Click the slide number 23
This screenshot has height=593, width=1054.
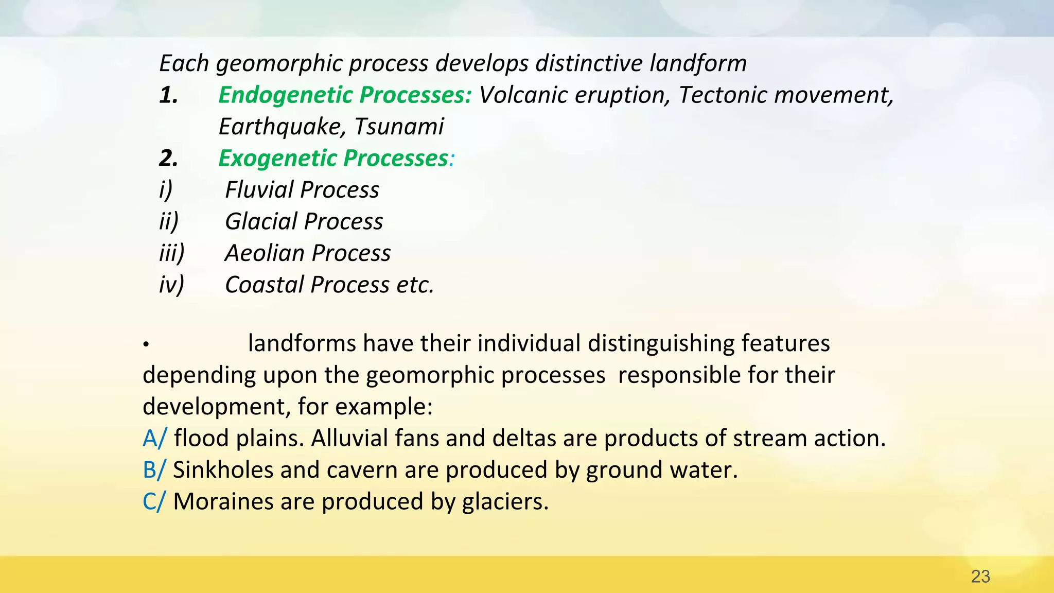(x=980, y=577)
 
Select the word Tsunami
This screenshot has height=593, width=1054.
(x=399, y=127)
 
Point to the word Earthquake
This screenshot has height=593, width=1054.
(x=283, y=127)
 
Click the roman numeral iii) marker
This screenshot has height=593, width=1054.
(x=171, y=253)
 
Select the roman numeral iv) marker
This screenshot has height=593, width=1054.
(x=171, y=285)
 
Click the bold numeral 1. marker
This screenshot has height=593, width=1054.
(x=168, y=95)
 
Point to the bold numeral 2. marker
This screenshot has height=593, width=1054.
(x=168, y=159)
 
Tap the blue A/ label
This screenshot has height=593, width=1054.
(x=154, y=439)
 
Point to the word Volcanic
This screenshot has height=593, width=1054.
(x=523, y=95)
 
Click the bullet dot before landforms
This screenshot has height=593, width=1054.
(x=146, y=344)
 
